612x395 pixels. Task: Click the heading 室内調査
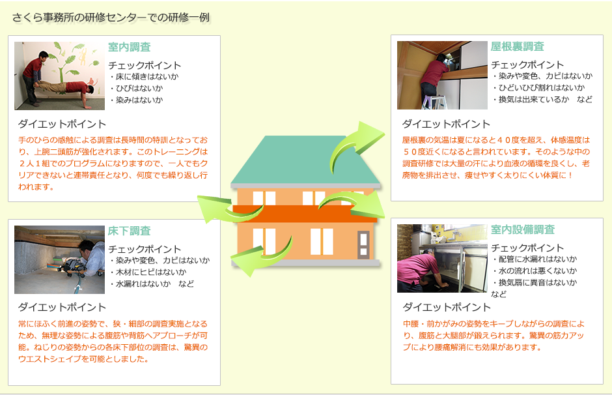coord(129,48)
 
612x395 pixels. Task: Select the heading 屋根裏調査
coord(517,46)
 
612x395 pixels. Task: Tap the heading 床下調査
coord(129,231)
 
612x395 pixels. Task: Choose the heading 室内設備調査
coord(523,229)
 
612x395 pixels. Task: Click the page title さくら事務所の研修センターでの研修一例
coord(111,18)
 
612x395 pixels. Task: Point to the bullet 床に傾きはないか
coord(144,76)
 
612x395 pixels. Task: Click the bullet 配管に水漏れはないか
coord(535,259)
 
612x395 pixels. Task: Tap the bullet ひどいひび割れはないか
coord(538,88)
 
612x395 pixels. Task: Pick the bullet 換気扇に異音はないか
coord(535,282)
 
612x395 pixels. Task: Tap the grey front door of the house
coord(363,244)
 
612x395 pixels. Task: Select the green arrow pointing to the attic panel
coord(354,145)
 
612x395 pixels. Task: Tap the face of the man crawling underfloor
coord(86,249)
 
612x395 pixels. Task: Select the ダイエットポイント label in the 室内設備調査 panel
coord(447,308)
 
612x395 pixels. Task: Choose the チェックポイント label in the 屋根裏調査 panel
coord(527,65)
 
